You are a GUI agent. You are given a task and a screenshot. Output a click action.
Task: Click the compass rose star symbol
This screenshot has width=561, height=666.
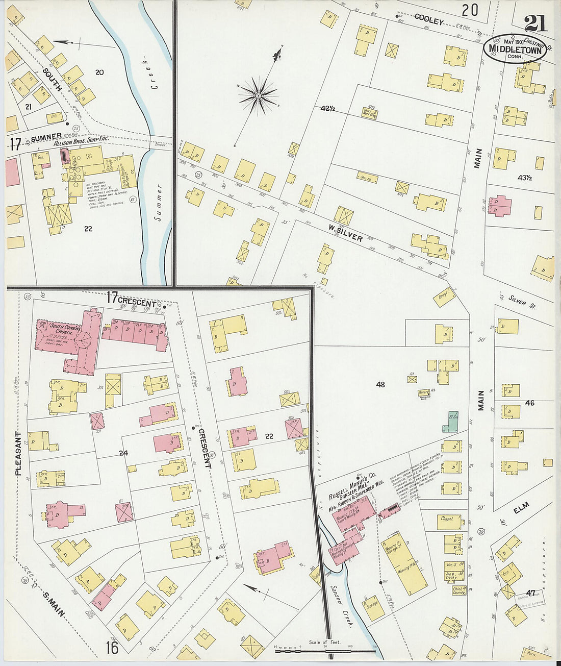pos(258,95)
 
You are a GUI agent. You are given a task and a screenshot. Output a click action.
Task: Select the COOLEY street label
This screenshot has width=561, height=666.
pos(428,19)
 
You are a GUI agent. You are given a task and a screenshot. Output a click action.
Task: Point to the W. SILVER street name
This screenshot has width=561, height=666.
pos(345,233)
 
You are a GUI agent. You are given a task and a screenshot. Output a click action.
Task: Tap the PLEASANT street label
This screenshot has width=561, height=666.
pos(18,454)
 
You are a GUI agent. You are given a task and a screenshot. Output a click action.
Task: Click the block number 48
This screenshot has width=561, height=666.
pos(380,384)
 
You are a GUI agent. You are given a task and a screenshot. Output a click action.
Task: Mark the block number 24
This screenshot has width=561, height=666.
pos(123,452)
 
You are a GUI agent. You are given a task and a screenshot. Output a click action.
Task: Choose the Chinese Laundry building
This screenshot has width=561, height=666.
pos(458,591)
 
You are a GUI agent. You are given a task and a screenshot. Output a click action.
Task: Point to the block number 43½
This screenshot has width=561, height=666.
pos(524,178)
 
